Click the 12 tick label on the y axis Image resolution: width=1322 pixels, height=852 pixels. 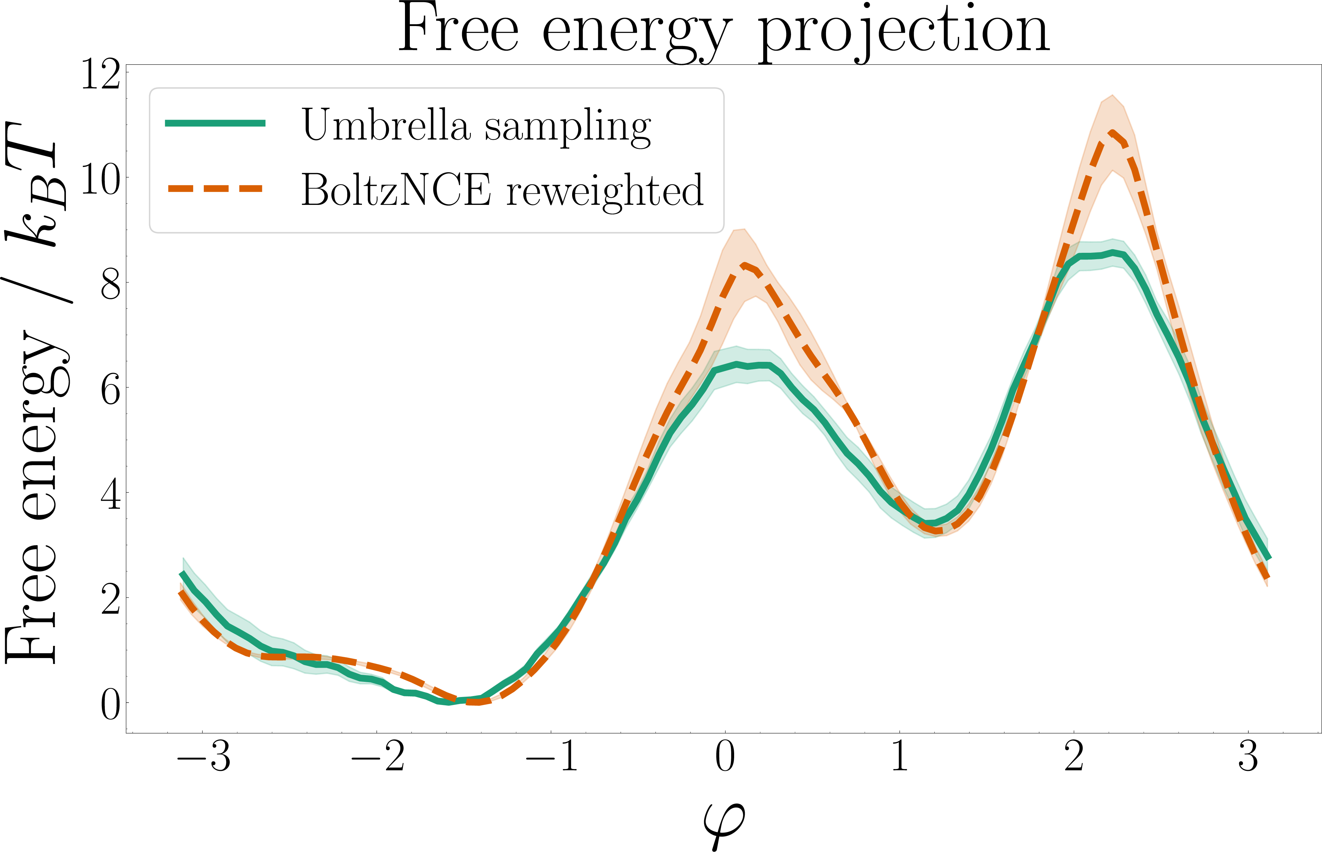pyautogui.click(x=101, y=75)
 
